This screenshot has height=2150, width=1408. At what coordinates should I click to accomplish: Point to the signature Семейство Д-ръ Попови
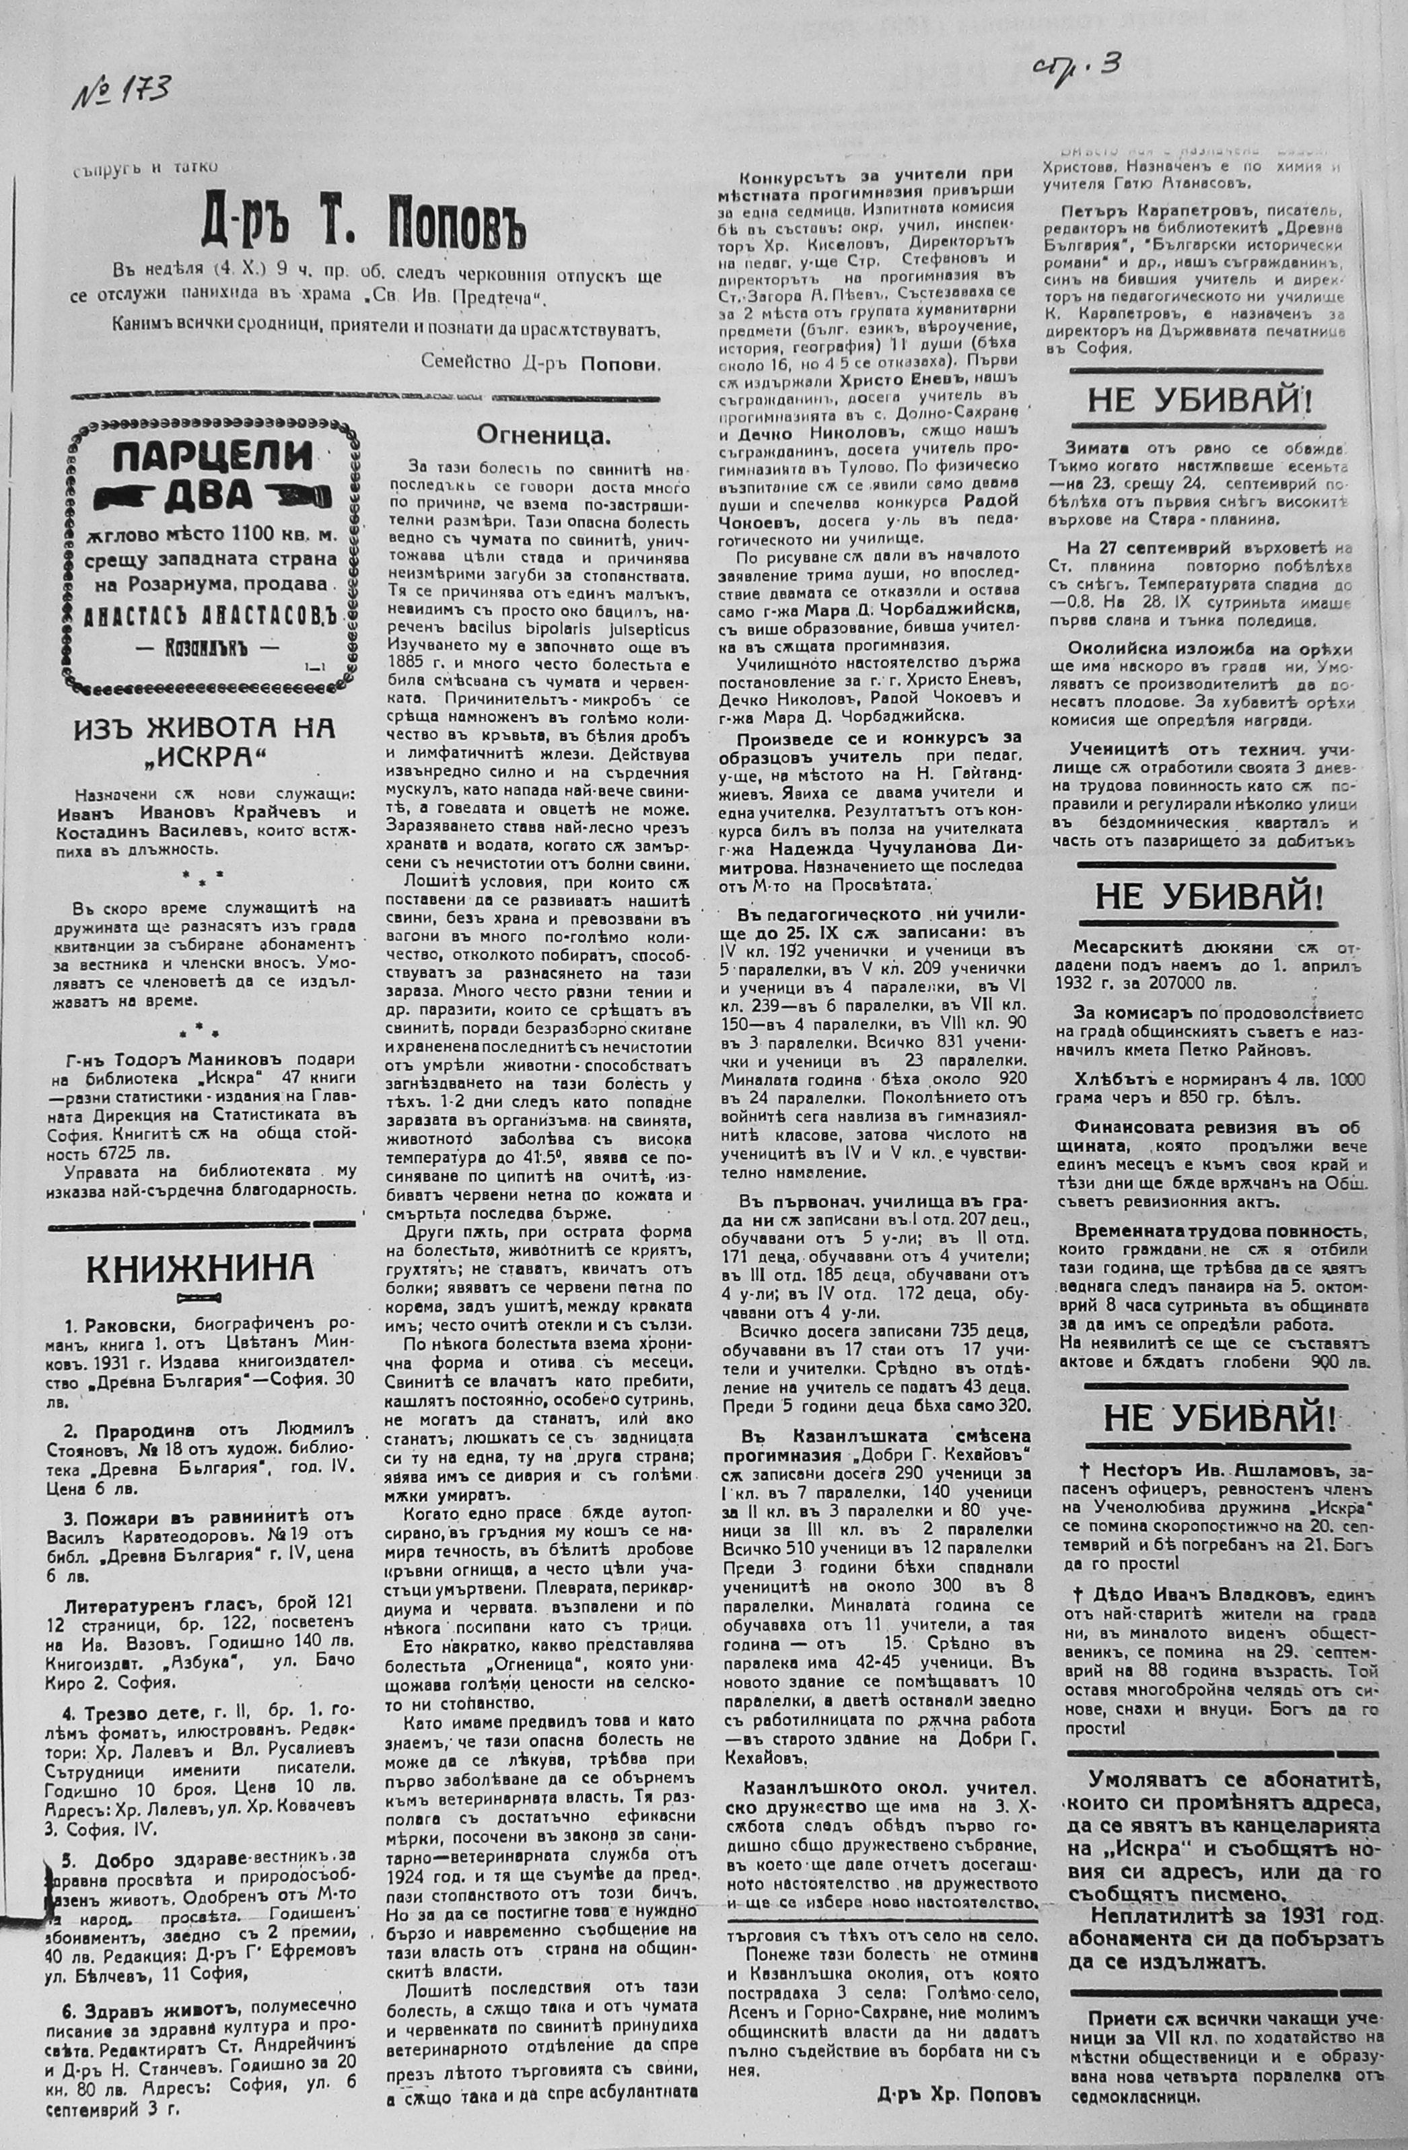[540, 361]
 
